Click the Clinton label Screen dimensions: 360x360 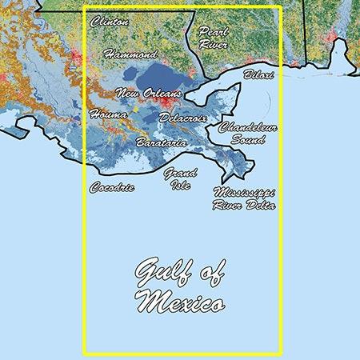coord(110,22)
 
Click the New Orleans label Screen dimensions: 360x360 coord(148,94)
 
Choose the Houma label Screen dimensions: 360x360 coord(107,114)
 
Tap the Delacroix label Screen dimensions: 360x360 coord(183,118)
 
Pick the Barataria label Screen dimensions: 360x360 coord(162,142)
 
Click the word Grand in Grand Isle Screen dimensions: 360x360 coord(180,173)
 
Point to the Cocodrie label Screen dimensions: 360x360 coord(112,188)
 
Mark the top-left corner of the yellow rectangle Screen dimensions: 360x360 coord(84,8)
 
